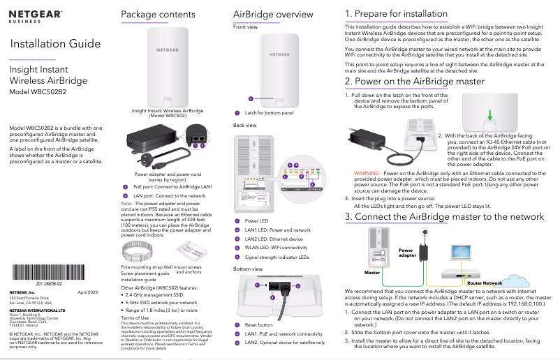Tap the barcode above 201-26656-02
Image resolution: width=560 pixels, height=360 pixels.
[53, 273]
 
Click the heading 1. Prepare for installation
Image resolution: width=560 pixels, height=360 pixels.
[396, 14]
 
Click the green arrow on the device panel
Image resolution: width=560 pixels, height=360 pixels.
[491, 115]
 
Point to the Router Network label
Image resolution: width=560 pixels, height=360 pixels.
[485, 283]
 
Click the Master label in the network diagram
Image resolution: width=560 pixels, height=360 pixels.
[371, 273]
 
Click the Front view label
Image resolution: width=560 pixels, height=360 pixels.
[245, 27]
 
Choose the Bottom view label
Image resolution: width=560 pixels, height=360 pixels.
[248, 268]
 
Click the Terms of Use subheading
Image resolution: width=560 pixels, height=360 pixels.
[135, 317]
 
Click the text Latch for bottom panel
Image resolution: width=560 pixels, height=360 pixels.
[269, 113]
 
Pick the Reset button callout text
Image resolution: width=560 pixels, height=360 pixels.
[258, 325]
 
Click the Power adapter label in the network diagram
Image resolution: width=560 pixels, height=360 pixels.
[406, 253]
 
